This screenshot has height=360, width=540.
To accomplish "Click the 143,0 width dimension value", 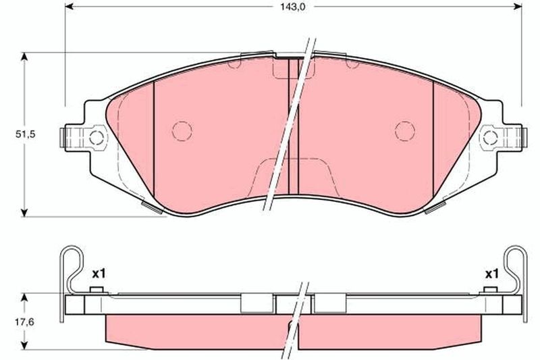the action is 292,7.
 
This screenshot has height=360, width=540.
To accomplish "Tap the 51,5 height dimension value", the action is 25,134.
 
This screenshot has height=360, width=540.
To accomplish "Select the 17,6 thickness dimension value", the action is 24,322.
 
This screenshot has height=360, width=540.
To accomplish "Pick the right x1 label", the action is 492,275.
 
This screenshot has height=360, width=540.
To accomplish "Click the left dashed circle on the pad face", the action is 182,131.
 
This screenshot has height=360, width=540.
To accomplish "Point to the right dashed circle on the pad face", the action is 404,131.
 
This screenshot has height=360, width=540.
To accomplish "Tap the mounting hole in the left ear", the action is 96,138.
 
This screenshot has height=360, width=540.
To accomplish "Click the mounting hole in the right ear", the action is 490,138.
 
